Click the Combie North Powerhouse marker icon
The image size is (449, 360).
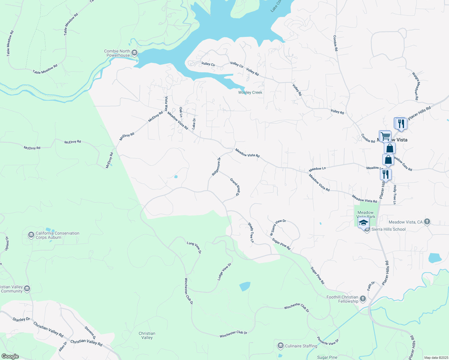coord(134,53)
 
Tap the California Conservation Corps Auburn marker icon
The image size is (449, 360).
coord(31,235)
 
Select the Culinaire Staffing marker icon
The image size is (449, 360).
coord(280,346)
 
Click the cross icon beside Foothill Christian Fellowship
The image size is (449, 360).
coord(363,299)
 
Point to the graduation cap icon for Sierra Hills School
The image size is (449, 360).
coord(363,223)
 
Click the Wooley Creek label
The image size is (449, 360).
coord(250,92)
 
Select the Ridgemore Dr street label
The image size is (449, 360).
coord(216,166)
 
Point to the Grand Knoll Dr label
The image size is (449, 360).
coord(235,187)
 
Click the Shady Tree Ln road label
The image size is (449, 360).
coord(251,232)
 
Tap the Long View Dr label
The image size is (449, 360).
coord(194,247)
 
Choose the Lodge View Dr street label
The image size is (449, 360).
coord(224,272)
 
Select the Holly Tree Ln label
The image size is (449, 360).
coord(395,195)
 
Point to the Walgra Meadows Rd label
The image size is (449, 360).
coord(415,86)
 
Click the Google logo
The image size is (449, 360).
coord(10,356)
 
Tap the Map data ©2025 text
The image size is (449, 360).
coord(436,358)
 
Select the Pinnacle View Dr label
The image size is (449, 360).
coord(328,342)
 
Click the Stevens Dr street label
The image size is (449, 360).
coord(90,333)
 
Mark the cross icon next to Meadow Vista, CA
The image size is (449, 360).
coord(427,222)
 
